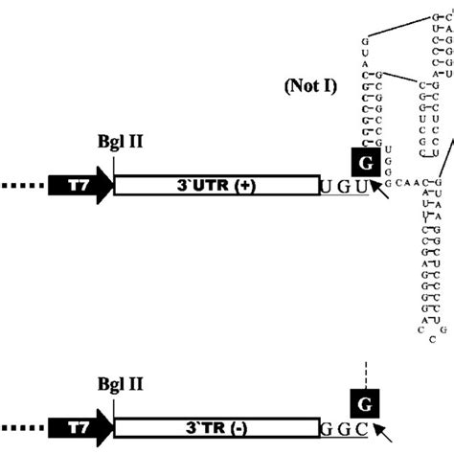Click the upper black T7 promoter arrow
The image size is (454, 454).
[80, 185]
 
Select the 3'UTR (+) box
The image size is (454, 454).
[216, 185]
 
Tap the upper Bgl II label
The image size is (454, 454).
[114, 150]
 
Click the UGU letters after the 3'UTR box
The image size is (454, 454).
[345, 186]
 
